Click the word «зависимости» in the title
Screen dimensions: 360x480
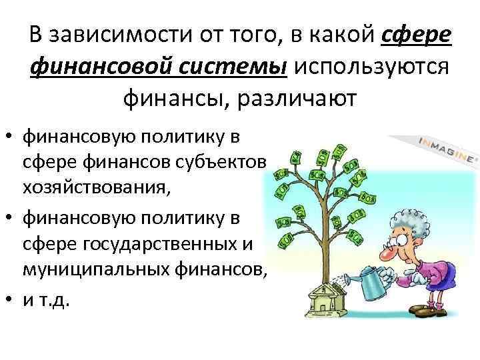tap(114, 34)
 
